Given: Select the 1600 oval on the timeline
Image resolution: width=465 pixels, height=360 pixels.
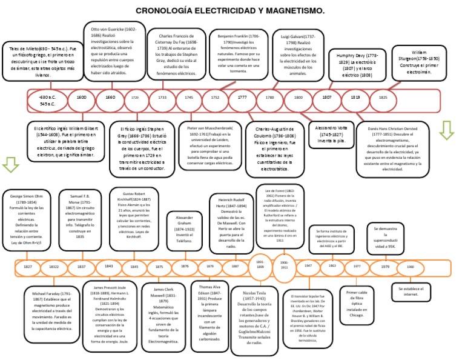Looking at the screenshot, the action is coord(81,98).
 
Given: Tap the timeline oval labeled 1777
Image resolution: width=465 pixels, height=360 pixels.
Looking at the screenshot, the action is coord(242,98).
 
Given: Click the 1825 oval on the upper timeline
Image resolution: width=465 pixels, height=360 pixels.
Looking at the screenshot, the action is coord(383,98).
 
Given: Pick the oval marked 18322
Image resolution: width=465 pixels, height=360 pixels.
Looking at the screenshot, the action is coord(54,267).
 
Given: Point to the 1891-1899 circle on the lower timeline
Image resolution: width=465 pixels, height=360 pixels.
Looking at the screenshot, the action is coord(260,265).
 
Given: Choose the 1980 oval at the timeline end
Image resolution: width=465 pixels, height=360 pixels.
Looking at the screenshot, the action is coord(410,267).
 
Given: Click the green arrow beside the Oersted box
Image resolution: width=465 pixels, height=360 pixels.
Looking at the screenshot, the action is coord(446,130).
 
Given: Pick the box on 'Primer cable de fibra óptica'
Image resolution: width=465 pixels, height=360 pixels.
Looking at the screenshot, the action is coord(357,304).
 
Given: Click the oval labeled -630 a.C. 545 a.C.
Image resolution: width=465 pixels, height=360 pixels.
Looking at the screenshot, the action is coord(48,100).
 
